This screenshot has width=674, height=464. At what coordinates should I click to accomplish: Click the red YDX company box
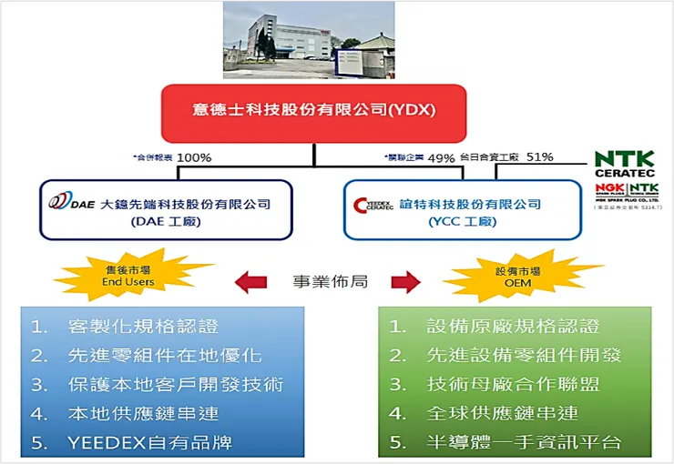coord(313,111)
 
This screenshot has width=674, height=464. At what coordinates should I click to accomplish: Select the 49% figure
coord(441,157)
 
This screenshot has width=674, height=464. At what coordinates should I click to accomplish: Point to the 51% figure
coord(539,157)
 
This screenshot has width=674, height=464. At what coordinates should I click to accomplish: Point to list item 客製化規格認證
coord(144,326)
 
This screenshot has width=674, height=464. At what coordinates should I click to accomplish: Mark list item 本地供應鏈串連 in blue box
coord(144,413)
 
